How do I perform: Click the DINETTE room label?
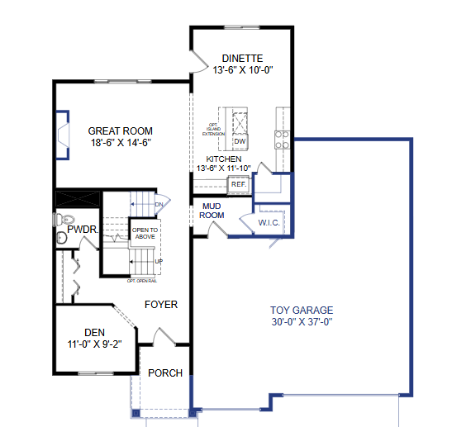click(x=242, y=58)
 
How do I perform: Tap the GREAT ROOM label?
click(x=121, y=130)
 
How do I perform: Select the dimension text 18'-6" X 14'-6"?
click(x=121, y=143)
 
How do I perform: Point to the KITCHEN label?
click(x=224, y=159)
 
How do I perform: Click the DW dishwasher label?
click(x=239, y=141)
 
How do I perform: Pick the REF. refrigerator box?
click(x=238, y=184)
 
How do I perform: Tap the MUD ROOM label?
click(x=212, y=210)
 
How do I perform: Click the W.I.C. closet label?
click(x=269, y=223)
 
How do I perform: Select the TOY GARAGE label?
click(x=302, y=311)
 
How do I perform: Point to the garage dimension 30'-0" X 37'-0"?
click(x=302, y=322)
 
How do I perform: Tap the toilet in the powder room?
click(x=59, y=219)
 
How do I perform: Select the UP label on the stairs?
click(x=158, y=262)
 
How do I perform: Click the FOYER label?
click(x=161, y=304)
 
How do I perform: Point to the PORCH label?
click(x=165, y=372)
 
